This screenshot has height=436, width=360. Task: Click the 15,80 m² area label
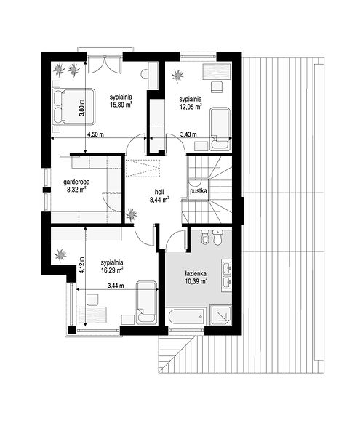121,105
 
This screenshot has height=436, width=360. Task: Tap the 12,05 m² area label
191,106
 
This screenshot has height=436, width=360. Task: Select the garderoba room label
76,182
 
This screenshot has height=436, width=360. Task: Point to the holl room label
159,192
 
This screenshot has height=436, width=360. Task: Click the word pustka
198,191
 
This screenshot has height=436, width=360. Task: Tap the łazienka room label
196,274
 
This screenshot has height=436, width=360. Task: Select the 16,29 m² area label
112,270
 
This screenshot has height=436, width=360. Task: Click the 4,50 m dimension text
95,134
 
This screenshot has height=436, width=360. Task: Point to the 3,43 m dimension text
188,134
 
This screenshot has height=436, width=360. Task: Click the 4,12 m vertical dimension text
82,265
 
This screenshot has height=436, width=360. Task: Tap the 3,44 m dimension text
116,286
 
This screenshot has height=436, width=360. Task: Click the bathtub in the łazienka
186,316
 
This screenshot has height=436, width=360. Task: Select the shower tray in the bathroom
220,315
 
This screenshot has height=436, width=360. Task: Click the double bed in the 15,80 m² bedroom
73,106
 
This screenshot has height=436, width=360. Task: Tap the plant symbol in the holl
132,215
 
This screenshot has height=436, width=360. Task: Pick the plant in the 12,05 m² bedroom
177,76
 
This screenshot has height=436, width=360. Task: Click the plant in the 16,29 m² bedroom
60,255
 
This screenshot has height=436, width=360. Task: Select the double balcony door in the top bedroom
105,65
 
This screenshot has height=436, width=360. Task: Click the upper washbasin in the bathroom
226,267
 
